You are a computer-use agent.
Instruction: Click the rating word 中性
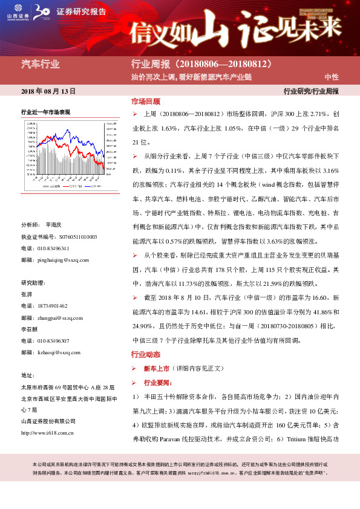pos(331,77)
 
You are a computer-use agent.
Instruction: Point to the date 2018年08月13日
pos(48,91)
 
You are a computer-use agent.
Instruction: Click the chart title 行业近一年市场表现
pos(46,112)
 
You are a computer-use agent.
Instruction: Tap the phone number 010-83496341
pos(53,248)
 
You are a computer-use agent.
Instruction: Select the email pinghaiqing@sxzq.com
pos(64,260)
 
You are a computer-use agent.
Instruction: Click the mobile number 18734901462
pos(53,306)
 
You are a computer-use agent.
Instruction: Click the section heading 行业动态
pos(146,354)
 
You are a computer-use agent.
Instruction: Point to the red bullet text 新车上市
pos(156,368)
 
